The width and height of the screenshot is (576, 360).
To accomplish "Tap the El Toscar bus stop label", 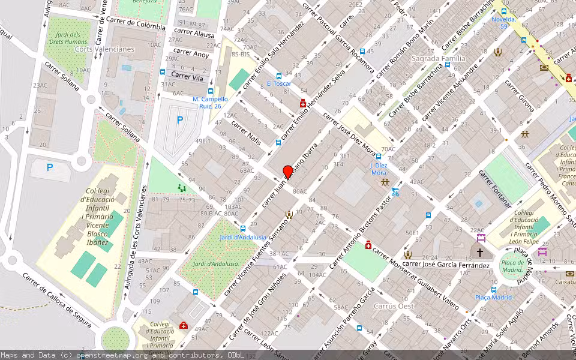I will click(278, 83).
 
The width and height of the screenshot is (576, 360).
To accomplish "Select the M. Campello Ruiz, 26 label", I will click(210, 103).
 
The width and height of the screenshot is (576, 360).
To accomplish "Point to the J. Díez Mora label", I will click(379, 169).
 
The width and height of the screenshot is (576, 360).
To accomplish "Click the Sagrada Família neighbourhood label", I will click(438, 58).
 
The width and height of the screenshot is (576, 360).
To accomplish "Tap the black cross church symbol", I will click(479, 253).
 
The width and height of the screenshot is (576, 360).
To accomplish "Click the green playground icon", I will click(182, 188).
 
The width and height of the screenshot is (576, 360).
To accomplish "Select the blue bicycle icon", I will click(395, 192).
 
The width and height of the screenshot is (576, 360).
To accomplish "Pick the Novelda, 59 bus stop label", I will click(503, 22).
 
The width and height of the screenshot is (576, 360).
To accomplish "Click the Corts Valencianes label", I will click(105, 49).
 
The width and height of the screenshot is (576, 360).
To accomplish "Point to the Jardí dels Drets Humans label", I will click(68, 38).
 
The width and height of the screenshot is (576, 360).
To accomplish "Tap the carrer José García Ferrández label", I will click(446, 264).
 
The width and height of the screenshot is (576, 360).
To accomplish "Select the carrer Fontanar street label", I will click(496, 188).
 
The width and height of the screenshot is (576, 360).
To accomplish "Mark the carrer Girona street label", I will click(520, 95).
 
